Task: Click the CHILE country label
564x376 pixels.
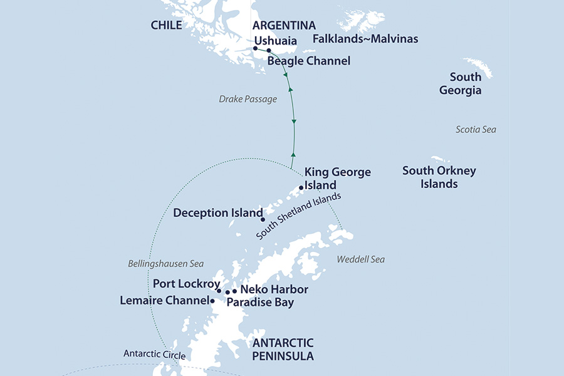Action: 166,25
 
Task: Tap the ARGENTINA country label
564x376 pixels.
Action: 283,26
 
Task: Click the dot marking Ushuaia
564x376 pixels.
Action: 256,48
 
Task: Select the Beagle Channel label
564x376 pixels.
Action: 308,61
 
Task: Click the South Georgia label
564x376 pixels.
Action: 465,83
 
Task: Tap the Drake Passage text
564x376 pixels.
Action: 248,99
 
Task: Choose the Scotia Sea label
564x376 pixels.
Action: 476,129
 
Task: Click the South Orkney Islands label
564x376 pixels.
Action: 439,177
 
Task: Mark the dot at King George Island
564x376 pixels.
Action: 301,187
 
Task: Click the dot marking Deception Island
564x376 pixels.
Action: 263,219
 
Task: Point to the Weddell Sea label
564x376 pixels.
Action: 360,259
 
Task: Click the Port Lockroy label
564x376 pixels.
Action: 182,284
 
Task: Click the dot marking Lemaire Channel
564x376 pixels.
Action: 213,301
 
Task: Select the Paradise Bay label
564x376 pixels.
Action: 259,302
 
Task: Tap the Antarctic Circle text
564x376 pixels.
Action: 155,355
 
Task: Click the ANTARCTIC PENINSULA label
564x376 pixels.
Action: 283,350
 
